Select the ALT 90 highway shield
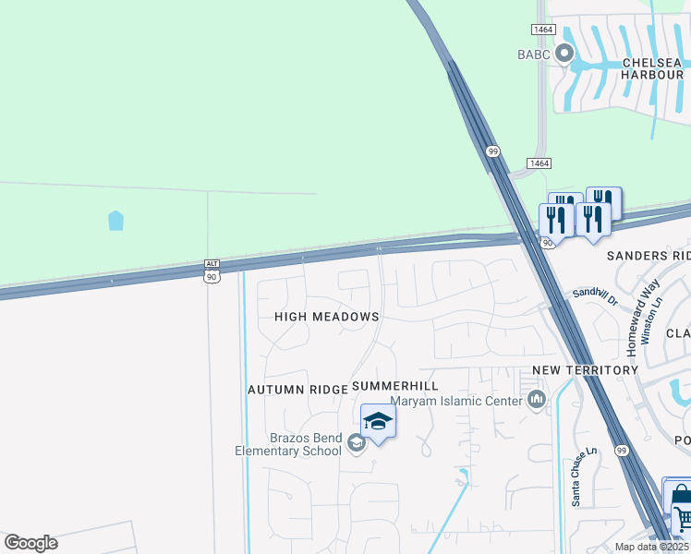[212, 271]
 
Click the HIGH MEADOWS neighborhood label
[327, 317]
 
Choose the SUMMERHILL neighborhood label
[394, 385]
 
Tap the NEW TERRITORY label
[585, 370]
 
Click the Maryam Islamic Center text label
[456, 401]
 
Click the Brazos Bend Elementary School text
[288, 444]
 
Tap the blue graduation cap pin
[378, 423]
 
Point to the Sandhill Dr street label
[594, 295]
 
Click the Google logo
[30, 543]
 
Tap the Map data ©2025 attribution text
[651, 547]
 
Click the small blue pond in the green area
[115, 221]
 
